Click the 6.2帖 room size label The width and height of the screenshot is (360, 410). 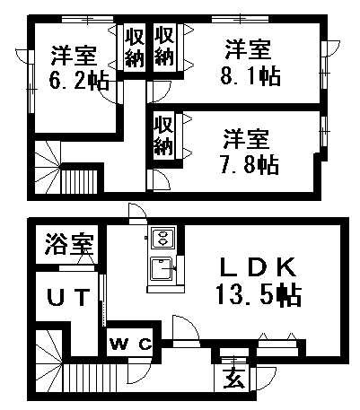point(79,81)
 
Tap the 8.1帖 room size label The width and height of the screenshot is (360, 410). point(250,76)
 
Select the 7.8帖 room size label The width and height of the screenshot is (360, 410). point(249,164)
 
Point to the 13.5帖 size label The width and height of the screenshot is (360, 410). point(259,295)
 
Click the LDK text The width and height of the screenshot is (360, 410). point(258,267)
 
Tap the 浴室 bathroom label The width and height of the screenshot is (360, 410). point(69,244)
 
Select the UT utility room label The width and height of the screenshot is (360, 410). point(68,297)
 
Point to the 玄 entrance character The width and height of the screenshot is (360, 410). point(233,378)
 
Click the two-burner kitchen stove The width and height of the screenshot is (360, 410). point(163,238)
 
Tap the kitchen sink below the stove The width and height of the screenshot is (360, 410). point(162,268)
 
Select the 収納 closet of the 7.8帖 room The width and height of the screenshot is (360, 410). point(163,135)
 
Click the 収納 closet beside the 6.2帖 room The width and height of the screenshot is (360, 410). point(134,48)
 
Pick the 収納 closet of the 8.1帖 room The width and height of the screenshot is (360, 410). point(164,47)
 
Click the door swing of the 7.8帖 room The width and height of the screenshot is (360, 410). point(160,179)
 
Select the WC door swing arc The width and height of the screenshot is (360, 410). point(141,369)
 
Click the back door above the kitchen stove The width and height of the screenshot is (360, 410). point(137,214)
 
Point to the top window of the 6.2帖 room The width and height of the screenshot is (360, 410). point(88,20)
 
